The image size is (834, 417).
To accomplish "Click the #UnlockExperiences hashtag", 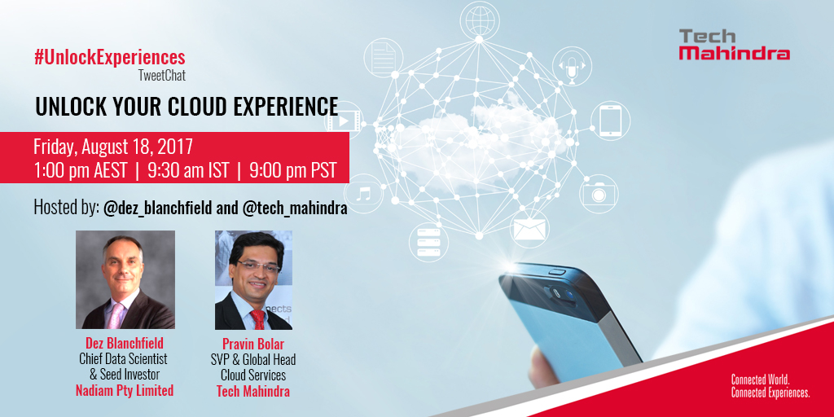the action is pos(110,58).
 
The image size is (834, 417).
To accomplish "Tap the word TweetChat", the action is pos(162,76).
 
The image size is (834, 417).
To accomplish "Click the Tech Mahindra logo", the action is pos(734,45).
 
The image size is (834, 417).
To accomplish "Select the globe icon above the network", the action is pos(479,20).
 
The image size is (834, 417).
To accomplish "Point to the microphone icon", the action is pos(572,67).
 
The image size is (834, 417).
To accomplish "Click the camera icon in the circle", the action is pos(599,194).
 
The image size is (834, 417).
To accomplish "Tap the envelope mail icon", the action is pos(529,229).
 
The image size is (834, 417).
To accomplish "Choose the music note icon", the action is pos(363,193).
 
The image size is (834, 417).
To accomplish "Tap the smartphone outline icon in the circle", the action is pos(610,121).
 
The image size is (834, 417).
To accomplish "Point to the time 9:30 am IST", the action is pos(189,171).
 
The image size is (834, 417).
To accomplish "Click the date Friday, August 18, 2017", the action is pos(112,147).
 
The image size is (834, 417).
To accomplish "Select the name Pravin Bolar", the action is pos(253,345).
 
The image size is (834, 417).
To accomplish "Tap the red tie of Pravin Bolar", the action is pos(258,319).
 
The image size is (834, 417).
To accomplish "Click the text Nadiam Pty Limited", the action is pos(125,390).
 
